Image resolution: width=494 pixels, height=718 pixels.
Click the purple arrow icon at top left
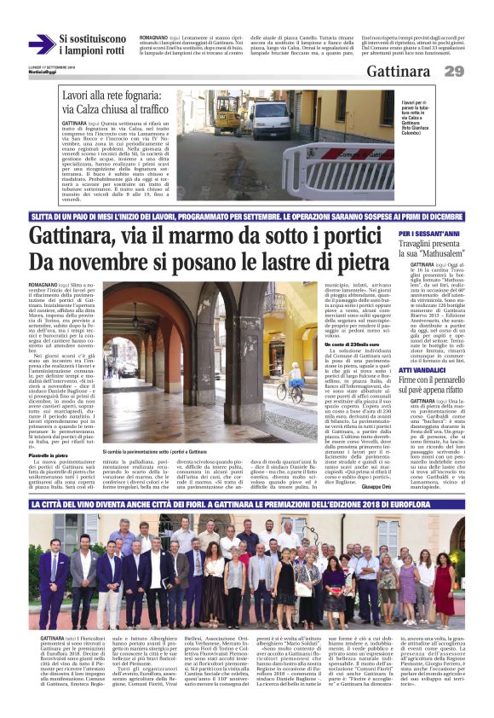(x=40, y=44)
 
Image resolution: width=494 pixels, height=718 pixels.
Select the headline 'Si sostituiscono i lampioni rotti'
(x=93, y=44)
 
